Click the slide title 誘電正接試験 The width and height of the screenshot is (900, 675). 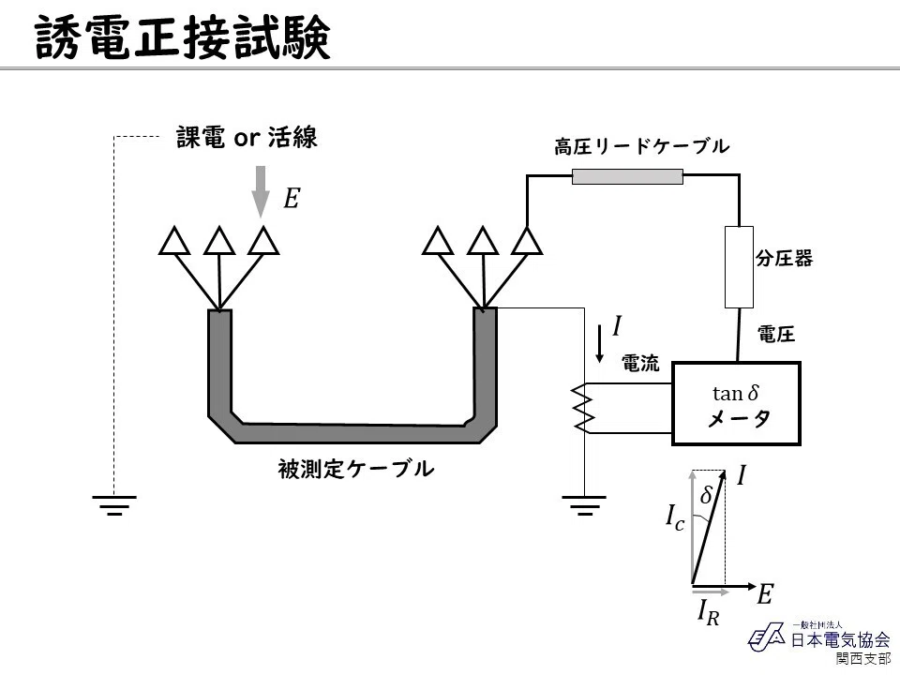point(183,37)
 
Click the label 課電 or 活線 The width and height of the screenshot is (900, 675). point(247,138)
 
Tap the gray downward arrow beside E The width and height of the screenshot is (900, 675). point(261,191)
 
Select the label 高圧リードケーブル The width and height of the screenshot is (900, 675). point(641,147)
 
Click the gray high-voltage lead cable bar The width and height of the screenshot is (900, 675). point(627,176)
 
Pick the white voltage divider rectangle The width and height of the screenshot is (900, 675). point(739,267)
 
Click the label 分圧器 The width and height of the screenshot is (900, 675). point(784,259)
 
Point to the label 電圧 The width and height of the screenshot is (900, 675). point(776,334)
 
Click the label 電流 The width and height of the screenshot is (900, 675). point(640,363)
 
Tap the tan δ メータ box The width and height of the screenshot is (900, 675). point(736,403)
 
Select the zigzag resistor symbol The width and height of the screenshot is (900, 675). point(584,408)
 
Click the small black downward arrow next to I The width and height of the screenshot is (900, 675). point(600,343)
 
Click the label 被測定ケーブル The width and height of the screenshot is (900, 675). point(356,469)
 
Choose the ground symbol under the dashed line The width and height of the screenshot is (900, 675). point(114,505)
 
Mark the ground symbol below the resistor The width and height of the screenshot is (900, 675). point(584,505)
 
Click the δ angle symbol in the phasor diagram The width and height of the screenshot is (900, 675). point(707,495)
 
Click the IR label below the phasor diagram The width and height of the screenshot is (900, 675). point(709,612)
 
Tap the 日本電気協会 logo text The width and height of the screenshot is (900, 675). point(840,639)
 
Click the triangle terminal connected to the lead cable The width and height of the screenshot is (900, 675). point(526,241)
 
